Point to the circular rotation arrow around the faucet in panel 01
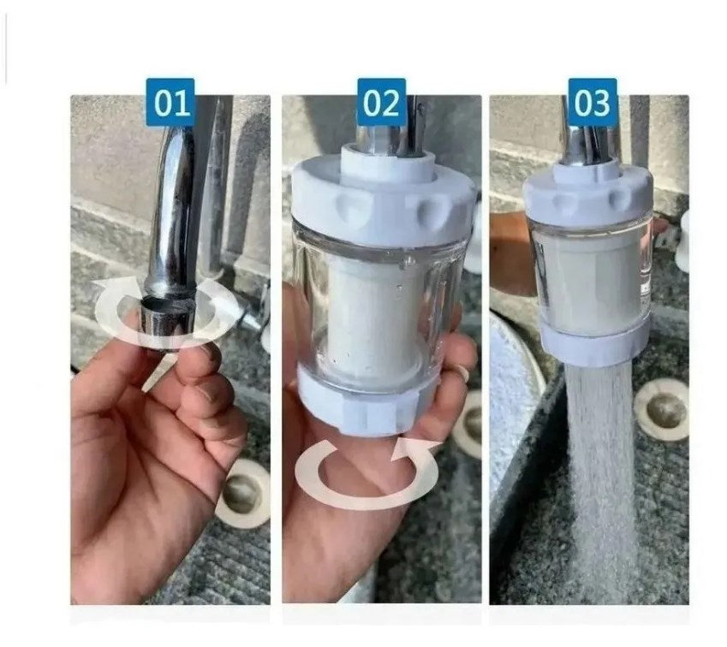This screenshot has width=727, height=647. click(x=120, y=308)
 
